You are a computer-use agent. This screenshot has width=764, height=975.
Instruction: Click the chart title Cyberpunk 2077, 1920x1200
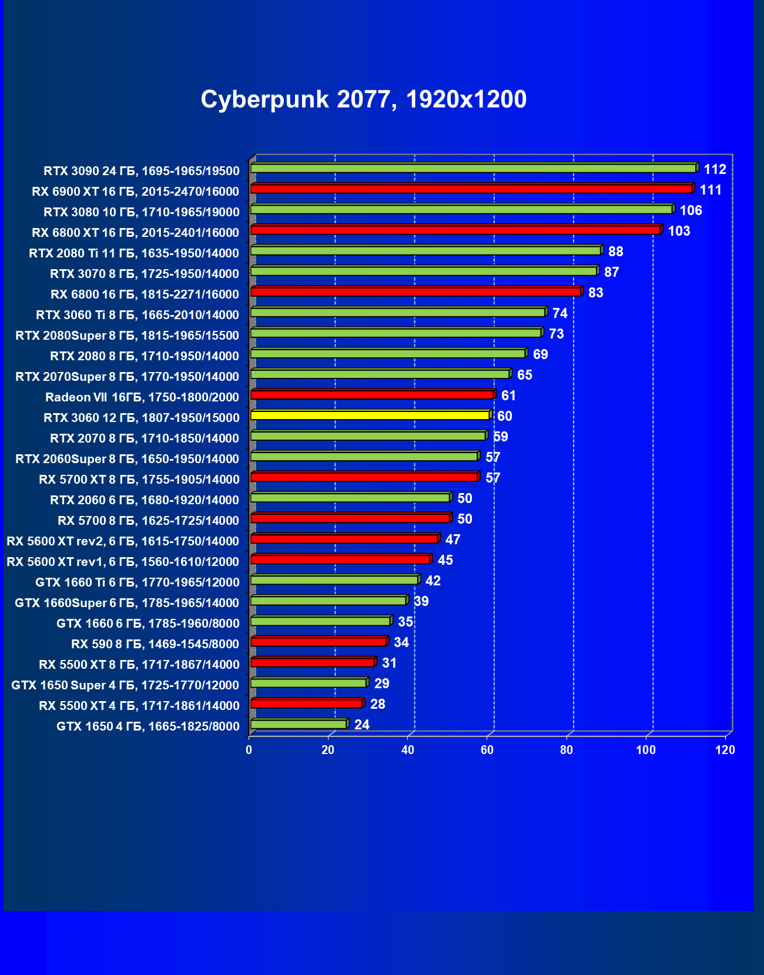point(363,99)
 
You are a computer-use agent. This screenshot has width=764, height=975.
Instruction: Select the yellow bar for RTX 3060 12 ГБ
point(370,416)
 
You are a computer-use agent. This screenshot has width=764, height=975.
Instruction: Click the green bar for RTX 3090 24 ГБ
point(473,169)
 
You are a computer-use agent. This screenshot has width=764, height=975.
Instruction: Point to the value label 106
point(691,210)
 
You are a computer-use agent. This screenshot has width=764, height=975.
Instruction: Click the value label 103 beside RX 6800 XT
point(679,231)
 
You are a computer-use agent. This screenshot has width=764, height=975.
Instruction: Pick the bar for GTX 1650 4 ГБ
point(299,724)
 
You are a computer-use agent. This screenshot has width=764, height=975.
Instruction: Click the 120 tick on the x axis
point(725,750)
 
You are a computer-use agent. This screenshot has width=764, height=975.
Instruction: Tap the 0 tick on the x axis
point(249,750)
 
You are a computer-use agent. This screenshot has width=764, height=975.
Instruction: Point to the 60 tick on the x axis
point(487,750)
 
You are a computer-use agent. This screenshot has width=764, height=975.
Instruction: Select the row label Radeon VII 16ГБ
point(142,397)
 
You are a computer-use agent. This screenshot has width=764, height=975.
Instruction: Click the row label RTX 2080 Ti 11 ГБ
point(134,253)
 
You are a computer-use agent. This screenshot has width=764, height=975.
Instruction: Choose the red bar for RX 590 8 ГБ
point(319,642)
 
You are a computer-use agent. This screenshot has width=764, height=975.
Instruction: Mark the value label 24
point(362,725)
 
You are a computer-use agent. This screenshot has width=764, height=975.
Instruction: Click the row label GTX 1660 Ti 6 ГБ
point(138,582)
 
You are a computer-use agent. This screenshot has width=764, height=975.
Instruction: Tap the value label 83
point(595,293)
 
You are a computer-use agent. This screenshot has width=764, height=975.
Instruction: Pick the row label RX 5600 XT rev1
point(123,562)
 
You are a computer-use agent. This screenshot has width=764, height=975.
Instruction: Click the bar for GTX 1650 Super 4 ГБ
point(309,683)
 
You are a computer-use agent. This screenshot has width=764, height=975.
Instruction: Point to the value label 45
point(445,560)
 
